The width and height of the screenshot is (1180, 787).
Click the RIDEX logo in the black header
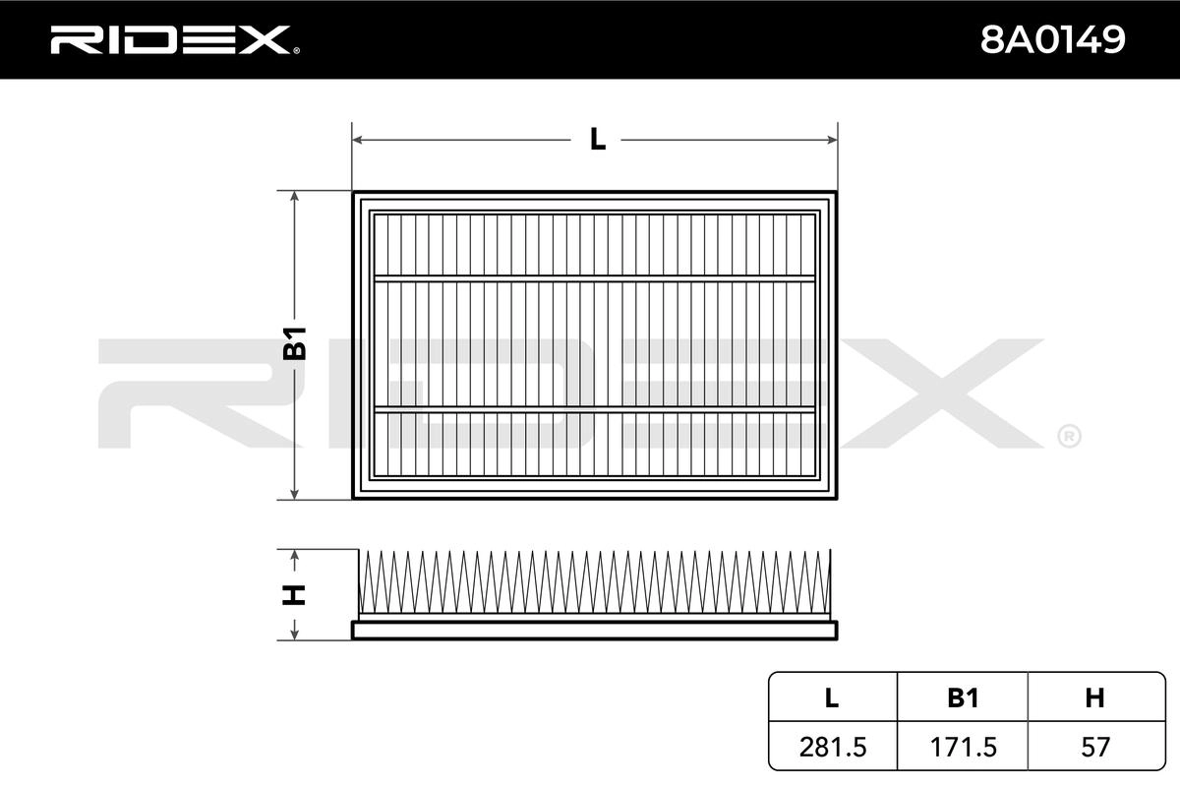tap(175, 40)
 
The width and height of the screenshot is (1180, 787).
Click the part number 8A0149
tap(1052, 39)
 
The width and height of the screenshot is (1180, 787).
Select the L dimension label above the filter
tap(598, 140)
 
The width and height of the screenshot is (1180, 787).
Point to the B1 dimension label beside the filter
tap(294, 343)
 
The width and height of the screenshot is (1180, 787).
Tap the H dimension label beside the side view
tap(294, 594)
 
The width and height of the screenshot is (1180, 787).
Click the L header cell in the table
tap(831, 697)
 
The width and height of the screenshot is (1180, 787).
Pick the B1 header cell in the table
tap(963, 697)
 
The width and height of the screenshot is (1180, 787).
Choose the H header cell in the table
tap(1094, 697)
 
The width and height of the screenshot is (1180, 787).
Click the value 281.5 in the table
tap(832, 747)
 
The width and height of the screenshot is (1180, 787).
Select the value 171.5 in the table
tap(963, 747)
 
